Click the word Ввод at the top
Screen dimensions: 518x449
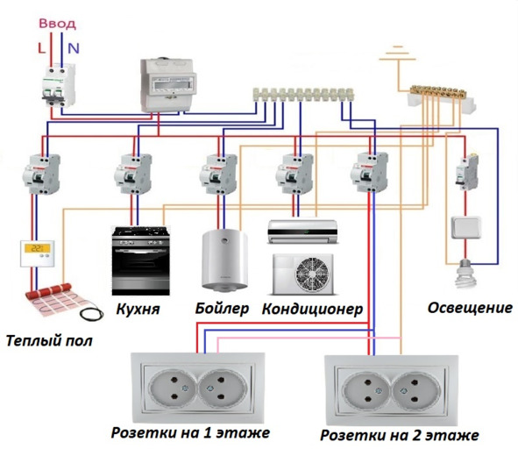point(58,25)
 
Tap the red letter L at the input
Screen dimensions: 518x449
point(41,48)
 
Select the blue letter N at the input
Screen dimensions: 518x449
point(74,48)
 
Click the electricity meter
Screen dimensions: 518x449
point(168,85)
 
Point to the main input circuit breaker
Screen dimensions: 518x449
point(59,85)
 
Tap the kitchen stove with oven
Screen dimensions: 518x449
point(141,260)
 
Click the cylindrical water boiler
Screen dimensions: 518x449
point(224,260)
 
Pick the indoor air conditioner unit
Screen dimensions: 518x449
point(302,232)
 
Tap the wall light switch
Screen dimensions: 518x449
point(466,227)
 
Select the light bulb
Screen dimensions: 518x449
point(466,273)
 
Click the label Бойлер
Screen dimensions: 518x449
point(222,309)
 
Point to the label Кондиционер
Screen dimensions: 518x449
point(313,310)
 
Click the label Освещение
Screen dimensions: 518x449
point(470,308)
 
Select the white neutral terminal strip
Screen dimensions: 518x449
point(303,95)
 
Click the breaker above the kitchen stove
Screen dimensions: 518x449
point(133,174)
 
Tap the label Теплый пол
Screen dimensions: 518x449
point(49,341)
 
